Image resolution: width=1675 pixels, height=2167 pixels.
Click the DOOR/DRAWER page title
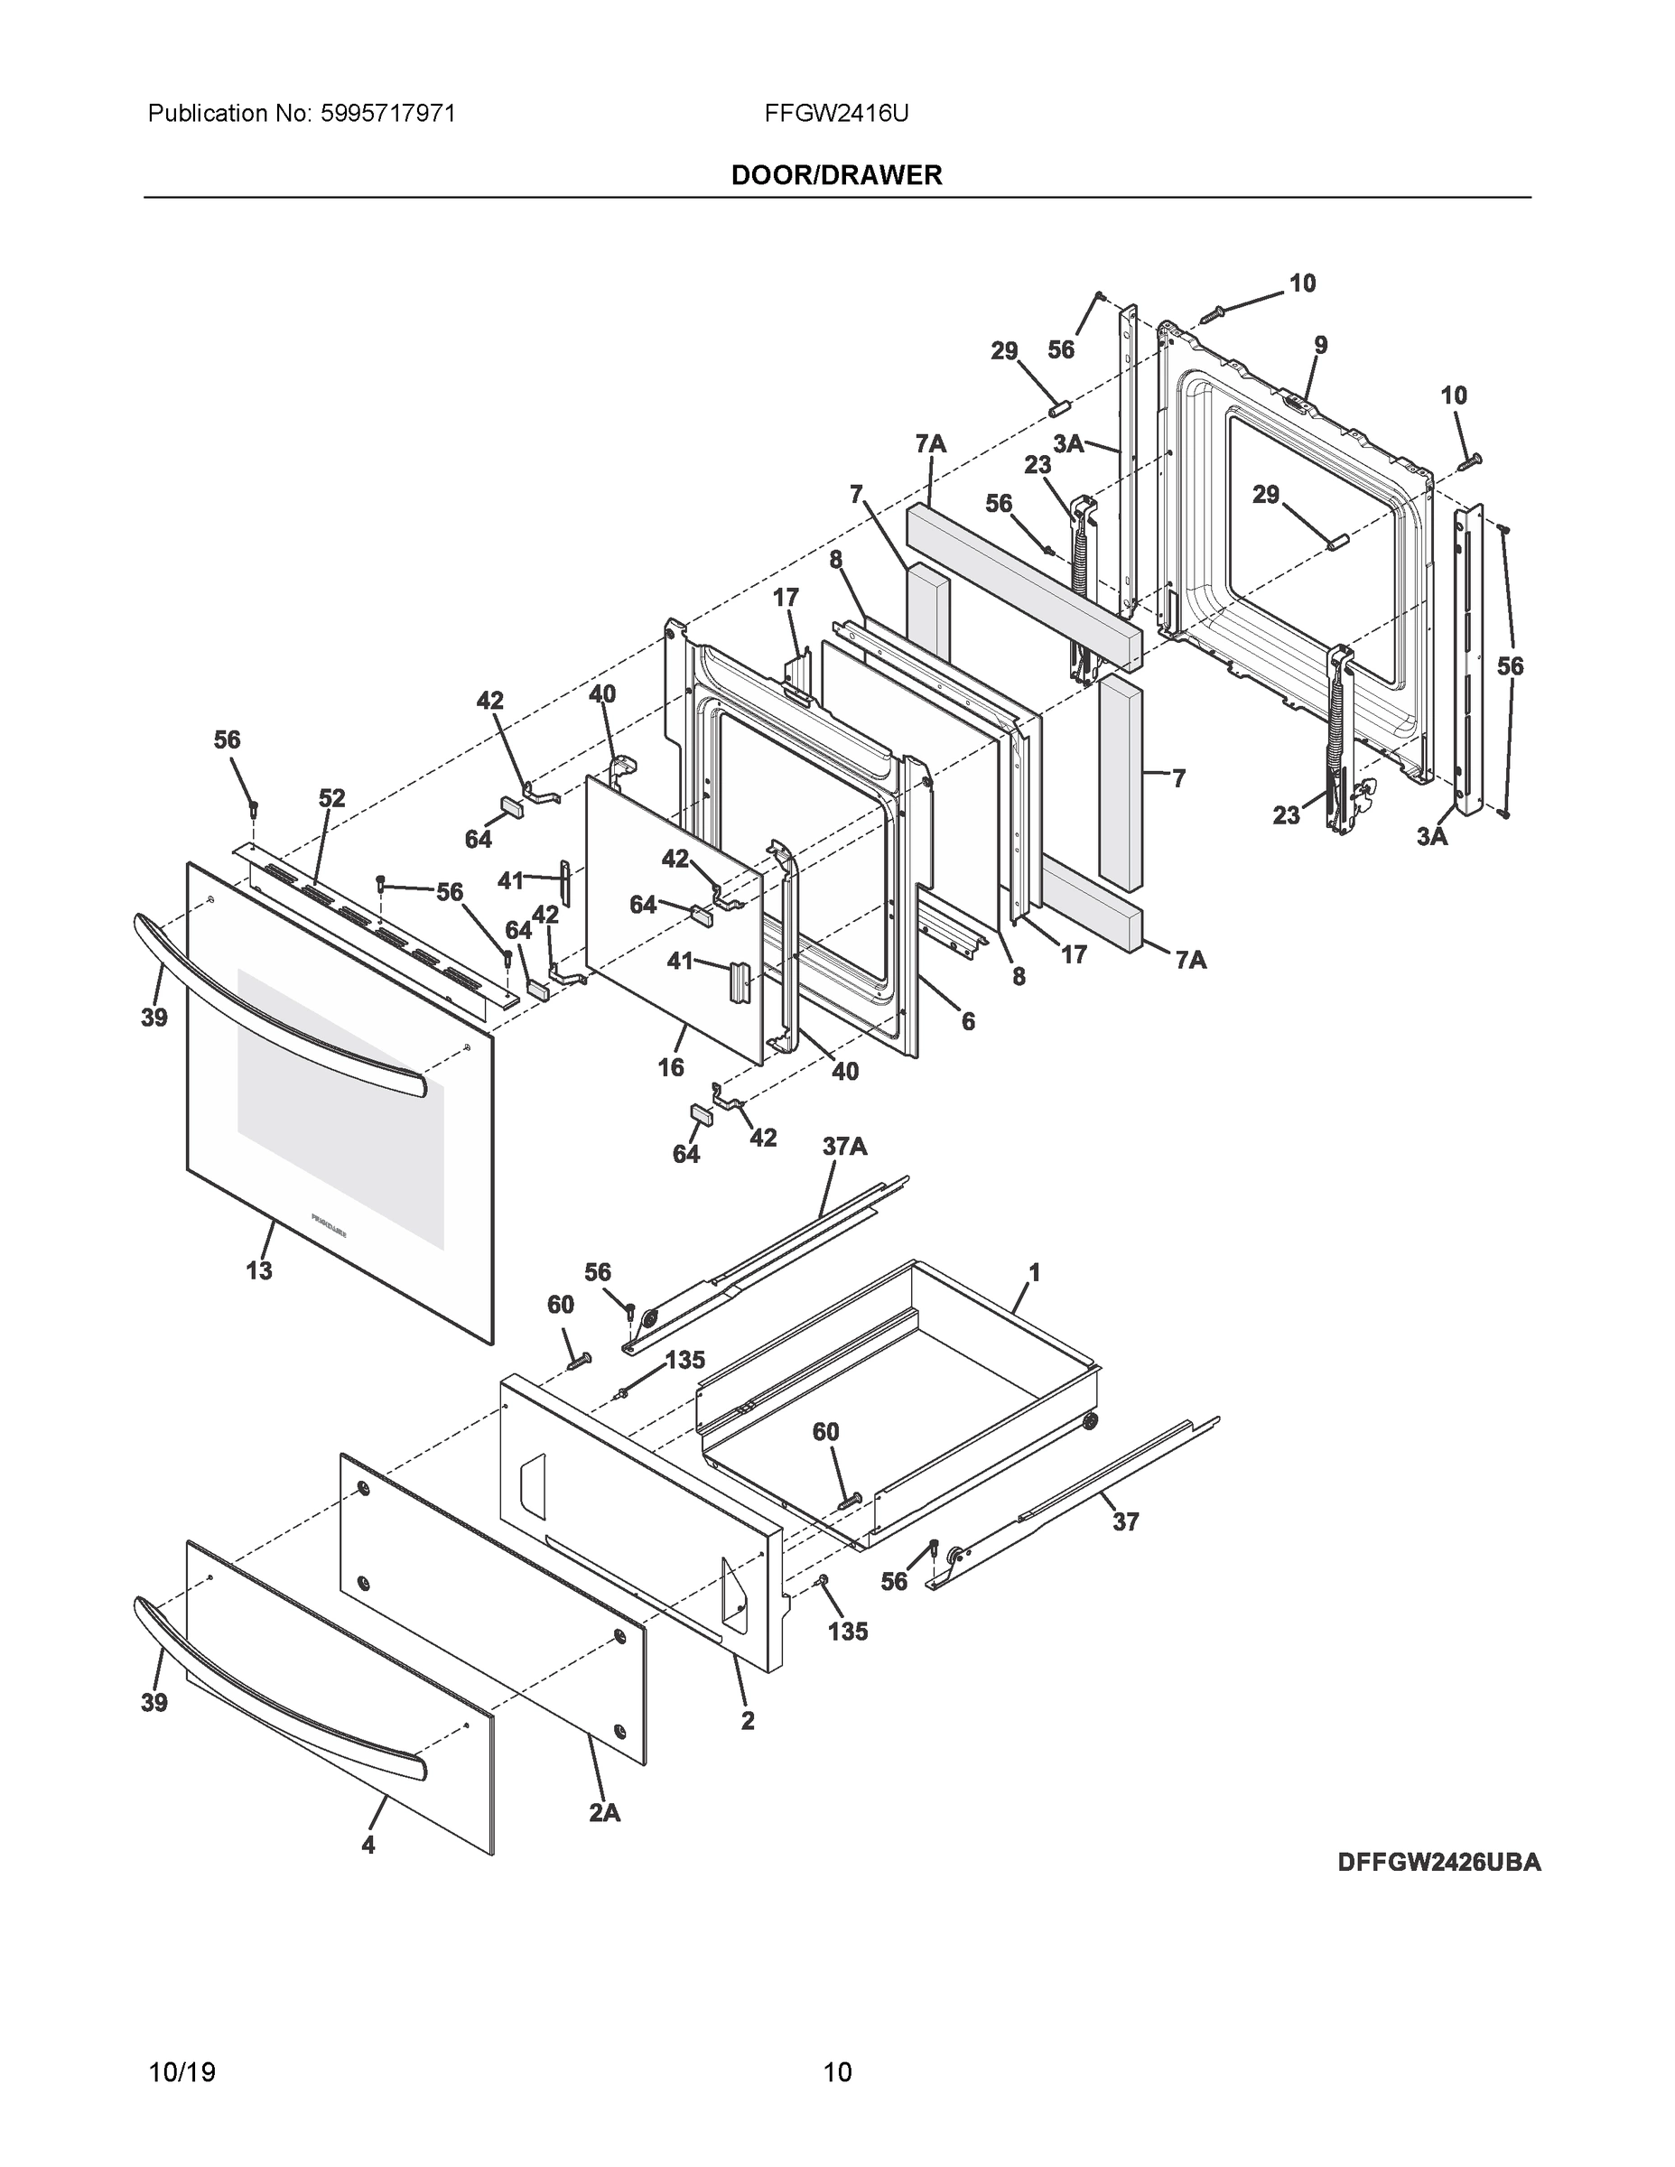(835, 176)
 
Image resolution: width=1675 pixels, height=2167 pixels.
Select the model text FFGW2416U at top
(835, 114)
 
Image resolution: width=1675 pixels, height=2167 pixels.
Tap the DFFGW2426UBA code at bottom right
(1438, 1863)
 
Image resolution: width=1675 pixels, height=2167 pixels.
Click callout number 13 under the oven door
(259, 1270)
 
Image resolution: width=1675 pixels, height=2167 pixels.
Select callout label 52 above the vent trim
(331, 798)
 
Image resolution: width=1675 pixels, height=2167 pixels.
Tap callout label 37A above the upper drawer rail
(844, 1147)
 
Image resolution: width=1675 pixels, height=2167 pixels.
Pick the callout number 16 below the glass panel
(671, 1066)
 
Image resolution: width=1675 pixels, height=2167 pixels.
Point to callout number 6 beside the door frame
(967, 1020)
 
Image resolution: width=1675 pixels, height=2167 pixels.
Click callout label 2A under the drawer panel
(604, 1813)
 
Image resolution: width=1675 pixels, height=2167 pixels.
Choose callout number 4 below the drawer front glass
(368, 1846)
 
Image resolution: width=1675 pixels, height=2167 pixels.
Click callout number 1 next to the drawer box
(1034, 1272)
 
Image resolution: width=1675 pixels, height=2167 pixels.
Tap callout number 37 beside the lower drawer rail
(1125, 1521)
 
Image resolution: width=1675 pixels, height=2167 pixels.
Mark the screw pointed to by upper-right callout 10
(1213, 313)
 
